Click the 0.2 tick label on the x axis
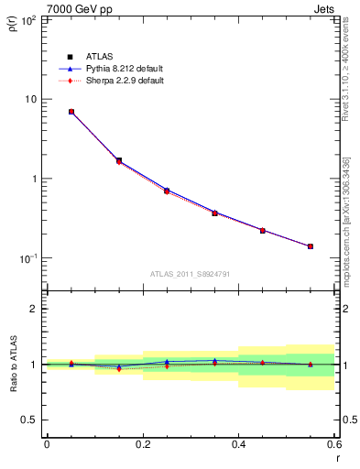tap(142, 444)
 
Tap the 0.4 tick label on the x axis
tap(238, 444)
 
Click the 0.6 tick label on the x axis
tap(333, 444)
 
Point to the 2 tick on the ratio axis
tap(34, 309)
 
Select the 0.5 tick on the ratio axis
tap(30, 420)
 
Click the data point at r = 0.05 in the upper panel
tap(71, 112)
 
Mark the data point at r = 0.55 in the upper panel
tap(311, 246)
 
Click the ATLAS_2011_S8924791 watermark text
tap(190, 274)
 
